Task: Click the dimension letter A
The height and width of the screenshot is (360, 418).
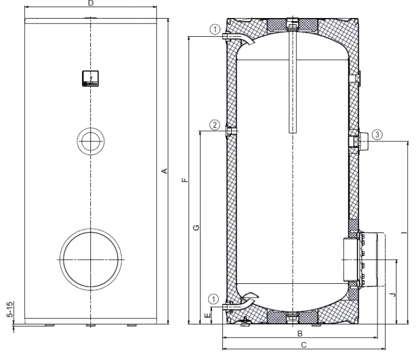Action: pos(163,172)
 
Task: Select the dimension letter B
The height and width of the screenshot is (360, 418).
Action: pos(300,333)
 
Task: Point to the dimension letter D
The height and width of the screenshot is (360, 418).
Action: pos(90,4)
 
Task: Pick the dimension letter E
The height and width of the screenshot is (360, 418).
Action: pos(207,316)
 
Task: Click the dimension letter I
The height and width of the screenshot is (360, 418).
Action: pos(404,233)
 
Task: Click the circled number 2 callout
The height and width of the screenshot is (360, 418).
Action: pos(215,125)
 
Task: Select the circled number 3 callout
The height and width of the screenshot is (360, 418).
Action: pos(376,134)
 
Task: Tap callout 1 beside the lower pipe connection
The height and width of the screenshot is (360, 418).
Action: pos(214,299)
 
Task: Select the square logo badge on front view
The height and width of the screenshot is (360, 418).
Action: pos(89,78)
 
